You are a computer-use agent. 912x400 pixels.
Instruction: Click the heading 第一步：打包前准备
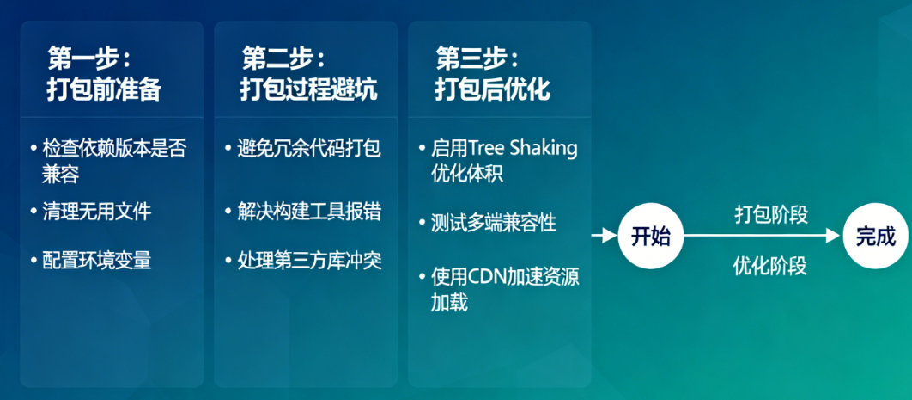(104, 75)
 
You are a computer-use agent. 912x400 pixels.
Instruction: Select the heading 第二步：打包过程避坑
(308, 75)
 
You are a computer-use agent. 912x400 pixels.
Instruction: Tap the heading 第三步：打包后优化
(492, 75)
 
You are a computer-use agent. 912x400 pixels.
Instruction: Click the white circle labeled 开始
(651, 236)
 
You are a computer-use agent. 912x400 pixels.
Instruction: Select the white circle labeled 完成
(875, 236)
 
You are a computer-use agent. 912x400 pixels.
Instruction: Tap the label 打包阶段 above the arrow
(771, 214)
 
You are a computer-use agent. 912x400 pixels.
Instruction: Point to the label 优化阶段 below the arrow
(769, 266)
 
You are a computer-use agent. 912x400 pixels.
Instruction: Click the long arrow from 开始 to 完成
(763, 236)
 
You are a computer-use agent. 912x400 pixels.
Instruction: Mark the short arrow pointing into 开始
(605, 236)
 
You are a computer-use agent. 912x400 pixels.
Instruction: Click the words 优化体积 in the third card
(467, 174)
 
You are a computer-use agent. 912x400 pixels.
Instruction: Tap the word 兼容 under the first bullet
(60, 174)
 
